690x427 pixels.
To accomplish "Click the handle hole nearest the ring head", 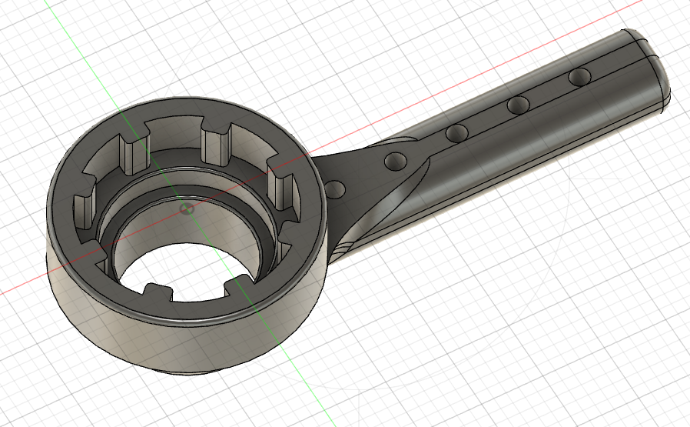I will click(334, 188).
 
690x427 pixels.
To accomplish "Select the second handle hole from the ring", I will click(395, 161).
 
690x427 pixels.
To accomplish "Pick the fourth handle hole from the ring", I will click(519, 104).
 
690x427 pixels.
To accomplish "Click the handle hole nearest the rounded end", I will click(579, 76).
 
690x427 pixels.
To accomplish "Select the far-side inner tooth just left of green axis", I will click(131, 150).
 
